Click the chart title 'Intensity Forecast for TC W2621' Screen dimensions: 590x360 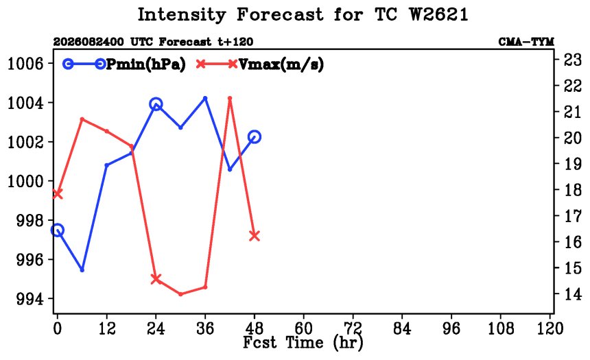(x=303, y=14)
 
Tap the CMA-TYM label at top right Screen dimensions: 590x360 (x=526, y=41)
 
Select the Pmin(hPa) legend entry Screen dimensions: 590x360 (x=124, y=64)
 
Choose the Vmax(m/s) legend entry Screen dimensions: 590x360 (x=259, y=64)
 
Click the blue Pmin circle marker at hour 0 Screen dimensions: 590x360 (x=57, y=230)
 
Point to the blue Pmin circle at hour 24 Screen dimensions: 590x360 (x=156, y=104)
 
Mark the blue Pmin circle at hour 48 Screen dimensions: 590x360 (x=255, y=137)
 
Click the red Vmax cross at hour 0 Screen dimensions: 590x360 (x=57, y=194)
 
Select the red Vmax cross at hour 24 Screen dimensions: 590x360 (x=156, y=279)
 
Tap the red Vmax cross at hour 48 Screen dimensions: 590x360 (x=255, y=236)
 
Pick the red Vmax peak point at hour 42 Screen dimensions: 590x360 (x=230, y=99)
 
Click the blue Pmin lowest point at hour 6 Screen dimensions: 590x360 (x=82, y=269)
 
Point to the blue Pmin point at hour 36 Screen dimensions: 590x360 (x=205, y=99)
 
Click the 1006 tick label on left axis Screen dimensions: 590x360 (x=25, y=64)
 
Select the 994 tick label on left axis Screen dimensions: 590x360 (x=29, y=299)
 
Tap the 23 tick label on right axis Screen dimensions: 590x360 (x=572, y=60)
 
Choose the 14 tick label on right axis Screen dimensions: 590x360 (x=572, y=293)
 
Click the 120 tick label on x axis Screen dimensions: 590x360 (x=550, y=328)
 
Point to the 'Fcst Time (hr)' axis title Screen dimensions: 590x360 (x=303, y=343)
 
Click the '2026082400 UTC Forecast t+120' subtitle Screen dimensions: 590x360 (x=153, y=41)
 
